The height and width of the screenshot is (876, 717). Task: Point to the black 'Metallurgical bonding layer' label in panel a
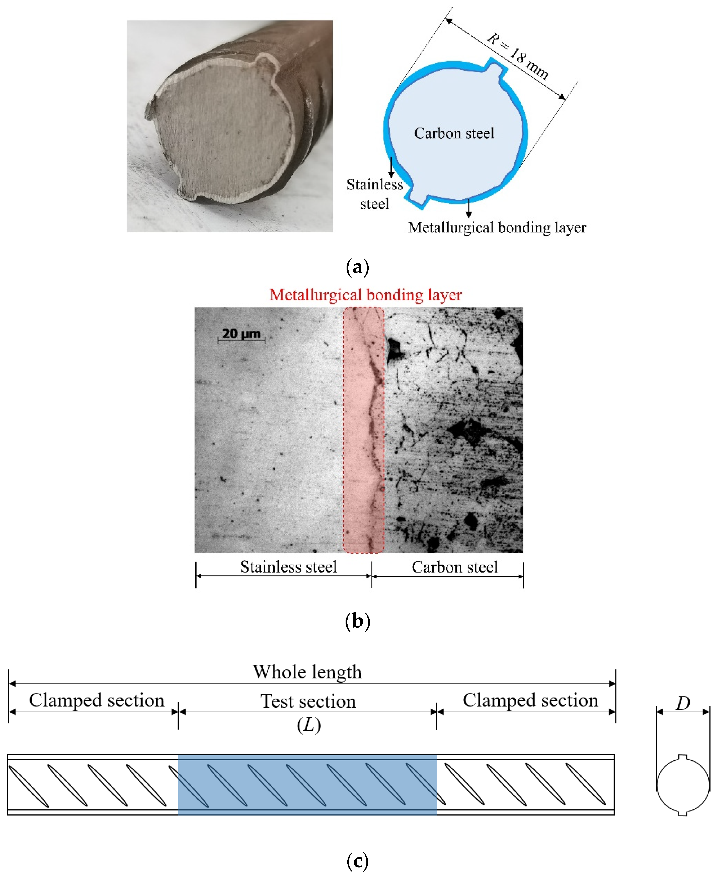[497, 228]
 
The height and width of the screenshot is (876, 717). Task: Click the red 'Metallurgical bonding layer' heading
[365, 295]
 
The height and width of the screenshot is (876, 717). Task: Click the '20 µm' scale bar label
[241, 333]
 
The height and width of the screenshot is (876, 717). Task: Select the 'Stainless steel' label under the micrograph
[289, 567]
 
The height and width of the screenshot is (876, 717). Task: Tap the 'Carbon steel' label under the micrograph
[455, 567]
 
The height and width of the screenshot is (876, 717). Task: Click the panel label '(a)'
[357, 267]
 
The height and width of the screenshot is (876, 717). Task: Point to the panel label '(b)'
[357, 621]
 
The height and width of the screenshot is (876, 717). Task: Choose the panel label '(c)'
[357, 861]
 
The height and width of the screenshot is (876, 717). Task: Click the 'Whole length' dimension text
[307, 672]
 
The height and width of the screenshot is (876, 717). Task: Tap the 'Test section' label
[308, 701]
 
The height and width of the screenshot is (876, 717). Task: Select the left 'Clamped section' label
[97, 700]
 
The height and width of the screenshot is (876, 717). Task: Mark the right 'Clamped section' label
[530, 700]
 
